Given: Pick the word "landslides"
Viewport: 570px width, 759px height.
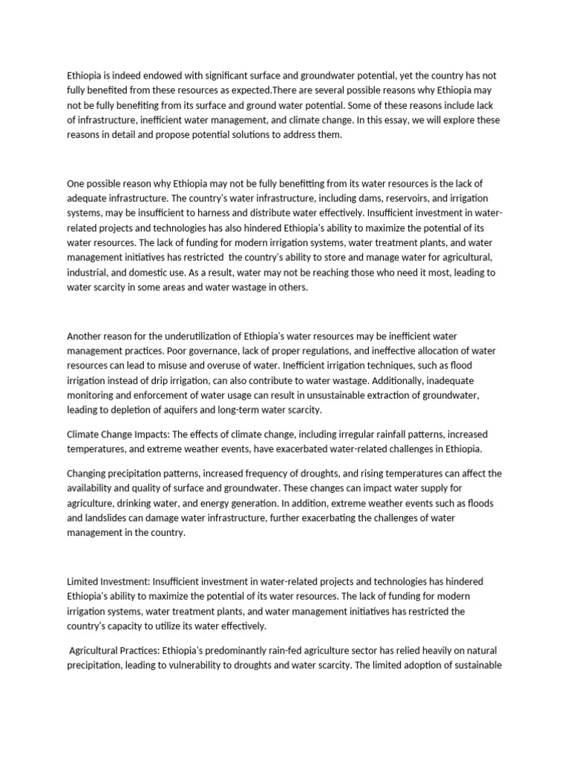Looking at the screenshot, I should pyautogui.click(x=113, y=518).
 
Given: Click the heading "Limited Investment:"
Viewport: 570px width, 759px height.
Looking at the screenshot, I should pyautogui.click(x=111, y=581).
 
